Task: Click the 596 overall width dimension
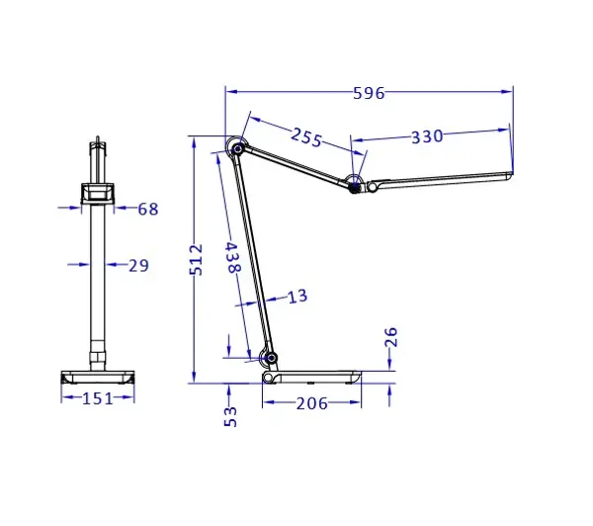coord(369,94)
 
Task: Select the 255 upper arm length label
coord(306,138)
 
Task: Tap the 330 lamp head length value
coord(427,137)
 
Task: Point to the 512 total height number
coord(196,260)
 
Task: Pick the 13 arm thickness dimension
coord(297,296)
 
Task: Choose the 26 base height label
coord(391,338)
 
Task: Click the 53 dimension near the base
coord(229,415)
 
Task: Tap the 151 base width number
coord(96,397)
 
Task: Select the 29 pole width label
coord(138,264)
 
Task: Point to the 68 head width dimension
coord(147,209)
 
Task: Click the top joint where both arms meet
coord(236,148)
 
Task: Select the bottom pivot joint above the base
coord(267,357)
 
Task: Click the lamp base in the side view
coord(311,377)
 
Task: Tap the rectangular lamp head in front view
coord(97,193)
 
